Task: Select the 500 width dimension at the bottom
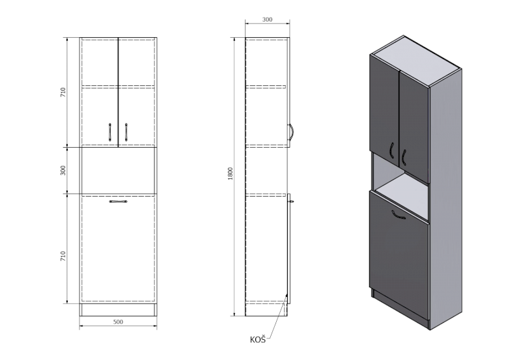[x=118, y=321]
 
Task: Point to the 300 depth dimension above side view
[x=267, y=20]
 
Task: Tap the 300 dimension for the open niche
[x=63, y=170]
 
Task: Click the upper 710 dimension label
[x=63, y=92]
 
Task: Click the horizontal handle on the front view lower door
[x=118, y=202]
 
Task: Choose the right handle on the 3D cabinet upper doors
[x=404, y=156]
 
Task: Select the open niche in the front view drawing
[x=118, y=170]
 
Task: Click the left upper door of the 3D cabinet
[x=383, y=104]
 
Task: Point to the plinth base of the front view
[x=118, y=310]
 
